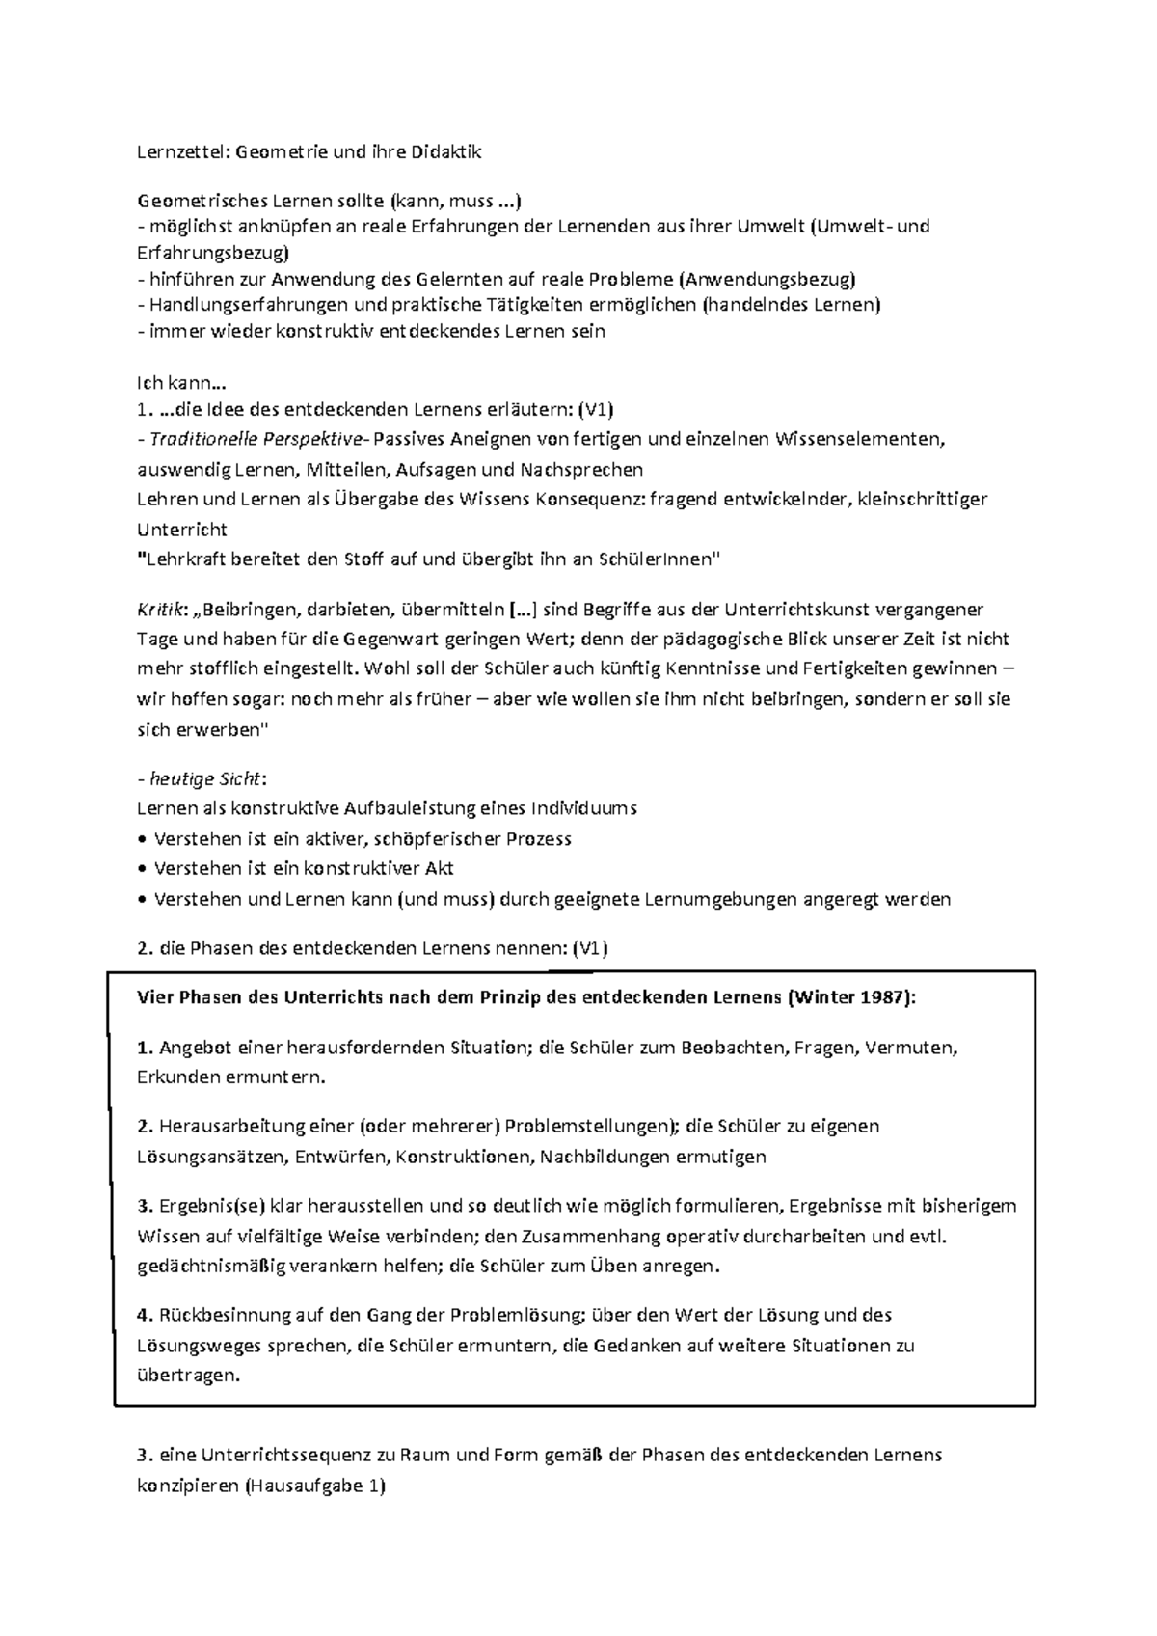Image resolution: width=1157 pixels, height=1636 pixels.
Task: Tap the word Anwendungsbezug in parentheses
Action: click(768, 280)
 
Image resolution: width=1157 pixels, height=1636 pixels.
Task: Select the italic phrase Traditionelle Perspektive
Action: click(253, 440)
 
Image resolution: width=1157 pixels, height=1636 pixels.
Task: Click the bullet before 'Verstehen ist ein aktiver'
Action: click(144, 839)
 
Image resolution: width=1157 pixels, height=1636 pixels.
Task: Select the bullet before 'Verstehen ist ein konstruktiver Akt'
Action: click(144, 869)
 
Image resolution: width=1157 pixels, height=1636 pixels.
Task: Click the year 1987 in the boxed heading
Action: click(882, 997)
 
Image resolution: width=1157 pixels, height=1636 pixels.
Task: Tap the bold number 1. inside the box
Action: click(146, 1048)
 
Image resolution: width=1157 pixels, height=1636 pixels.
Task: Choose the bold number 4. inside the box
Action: click(146, 1314)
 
